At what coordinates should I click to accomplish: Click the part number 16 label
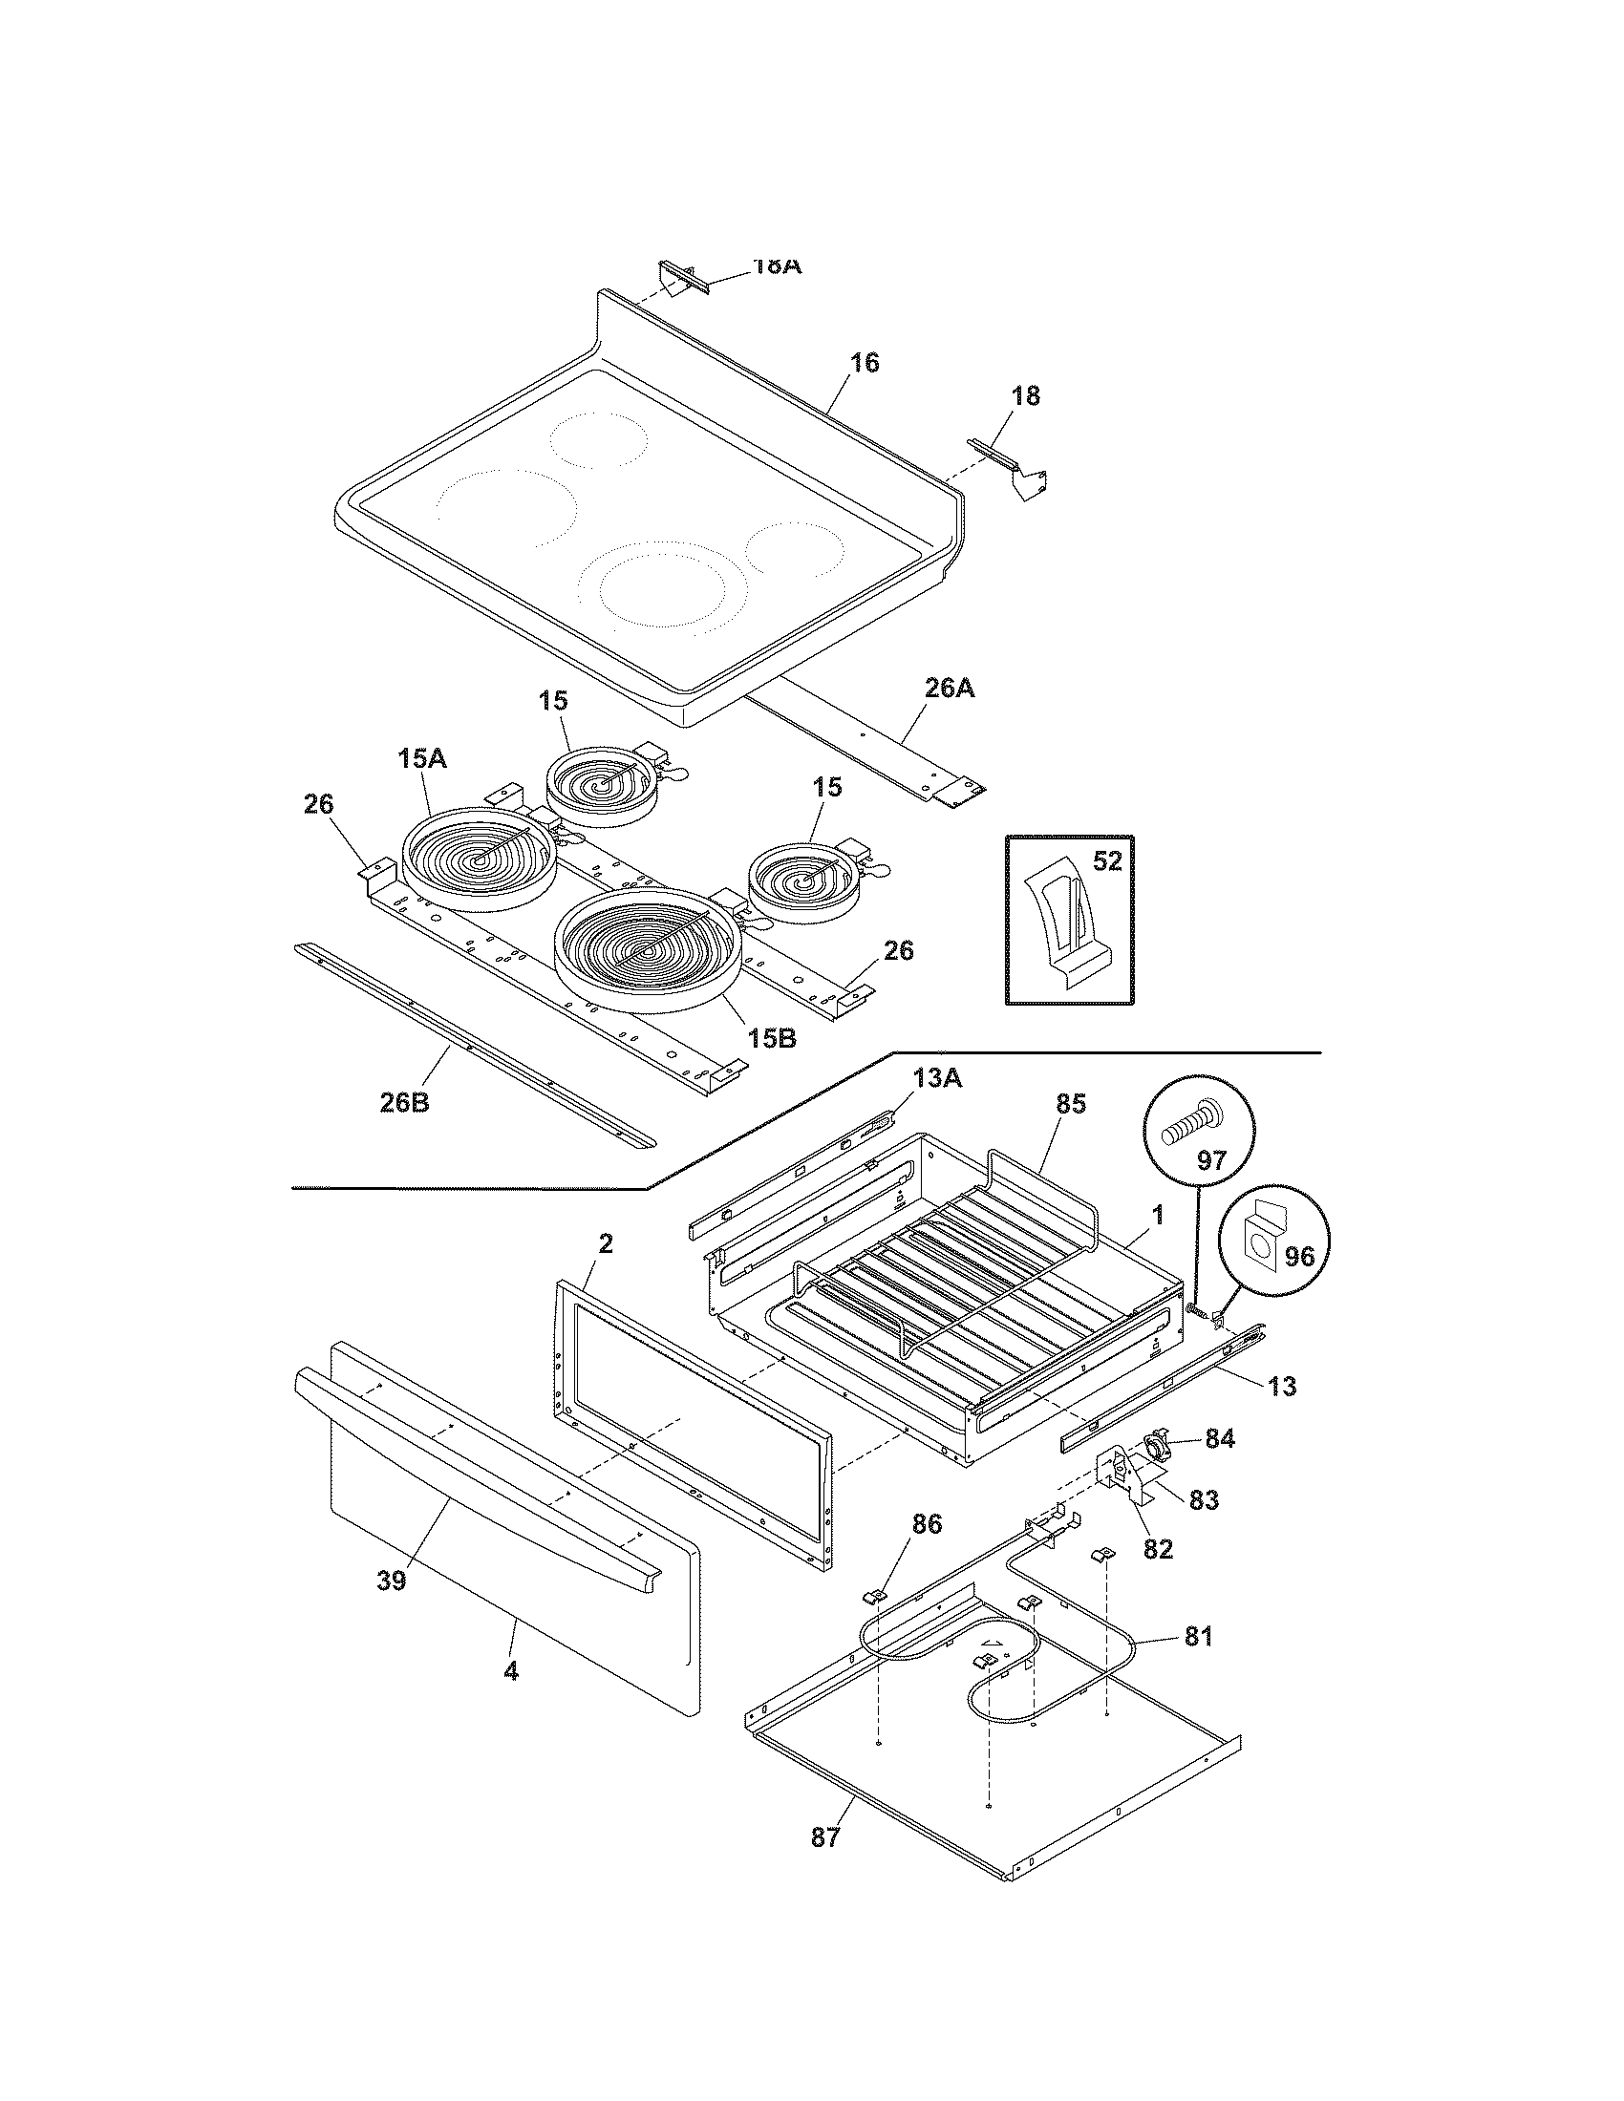864,363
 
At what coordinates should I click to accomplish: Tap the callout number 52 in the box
1107,861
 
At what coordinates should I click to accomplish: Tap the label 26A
949,688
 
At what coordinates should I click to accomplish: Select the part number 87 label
825,1836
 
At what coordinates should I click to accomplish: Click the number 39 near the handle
391,1581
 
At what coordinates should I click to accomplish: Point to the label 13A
936,1079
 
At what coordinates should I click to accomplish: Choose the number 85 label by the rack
1070,1104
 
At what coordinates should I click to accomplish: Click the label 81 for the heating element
1198,1635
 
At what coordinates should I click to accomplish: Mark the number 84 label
1220,1465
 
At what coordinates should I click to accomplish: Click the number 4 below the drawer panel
511,1672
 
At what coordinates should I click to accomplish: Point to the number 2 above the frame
605,1242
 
